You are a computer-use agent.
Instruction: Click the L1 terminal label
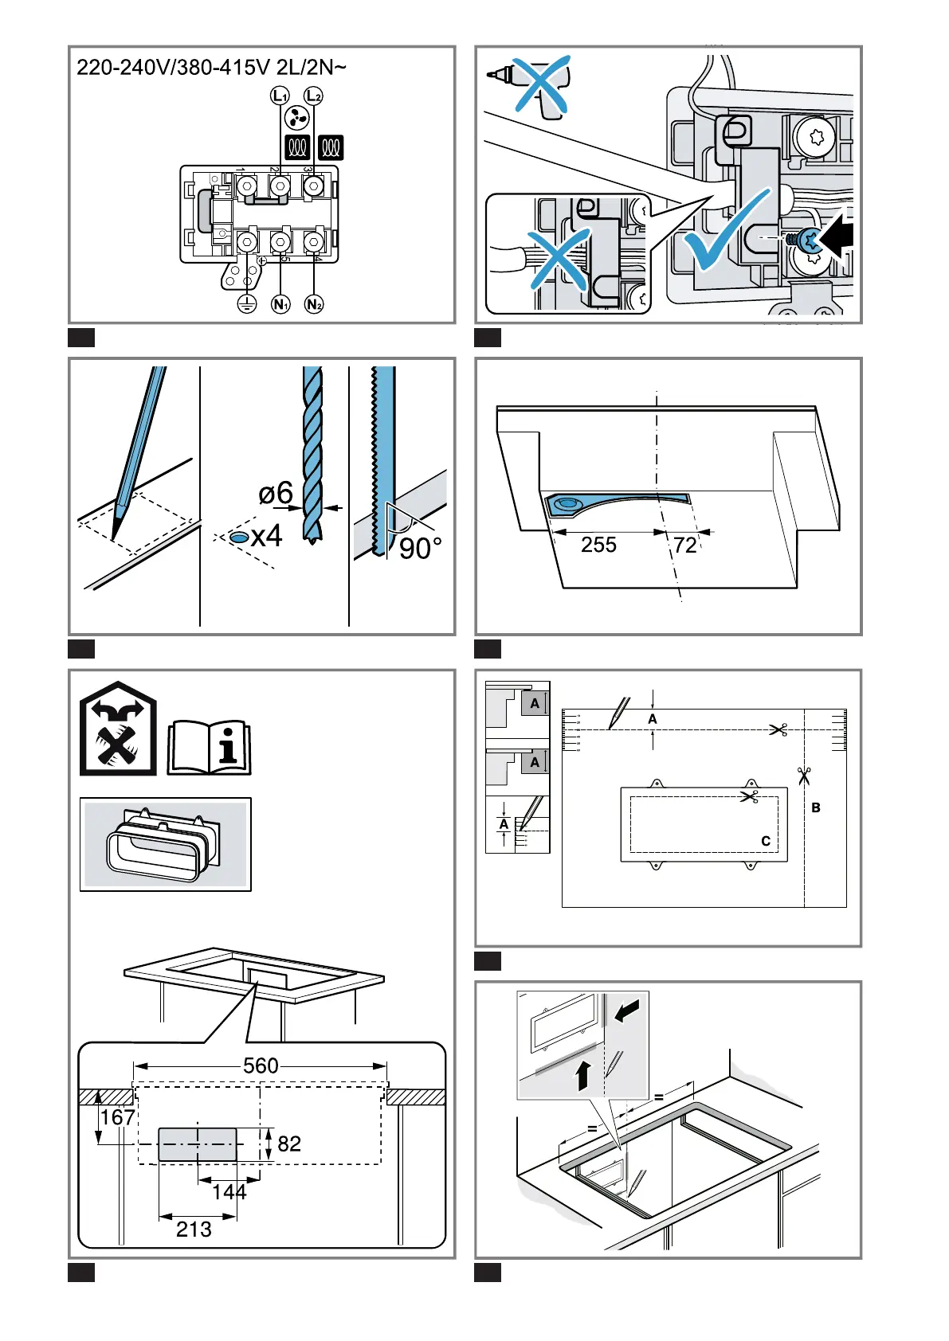coord(280,96)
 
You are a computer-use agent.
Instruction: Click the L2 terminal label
coord(314,96)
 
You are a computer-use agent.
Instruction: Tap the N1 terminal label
coord(280,304)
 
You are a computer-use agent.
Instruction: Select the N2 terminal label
coord(314,304)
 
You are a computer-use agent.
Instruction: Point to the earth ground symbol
coord(247,304)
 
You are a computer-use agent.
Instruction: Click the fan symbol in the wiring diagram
coord(296,120)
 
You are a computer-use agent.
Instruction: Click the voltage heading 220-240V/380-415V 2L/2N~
coord(211,67)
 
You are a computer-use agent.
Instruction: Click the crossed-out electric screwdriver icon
coord(535,84)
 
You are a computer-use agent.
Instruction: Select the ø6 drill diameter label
coord(276,494)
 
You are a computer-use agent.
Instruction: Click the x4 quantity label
coord(266,537)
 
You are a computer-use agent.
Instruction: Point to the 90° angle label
coord(420,549)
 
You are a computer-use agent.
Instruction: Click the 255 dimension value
coord(598,545)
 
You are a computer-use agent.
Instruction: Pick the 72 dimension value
coord(685,545)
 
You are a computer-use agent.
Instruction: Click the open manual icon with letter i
coord(210,748)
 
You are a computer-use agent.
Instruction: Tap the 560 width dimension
coord(261,1065)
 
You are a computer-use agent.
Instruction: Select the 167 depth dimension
coord(117,1118)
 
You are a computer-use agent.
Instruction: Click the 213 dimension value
coord(194,1230)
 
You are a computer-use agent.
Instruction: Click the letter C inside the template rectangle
coord(766,841)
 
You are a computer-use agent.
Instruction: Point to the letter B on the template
coord(816,807)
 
